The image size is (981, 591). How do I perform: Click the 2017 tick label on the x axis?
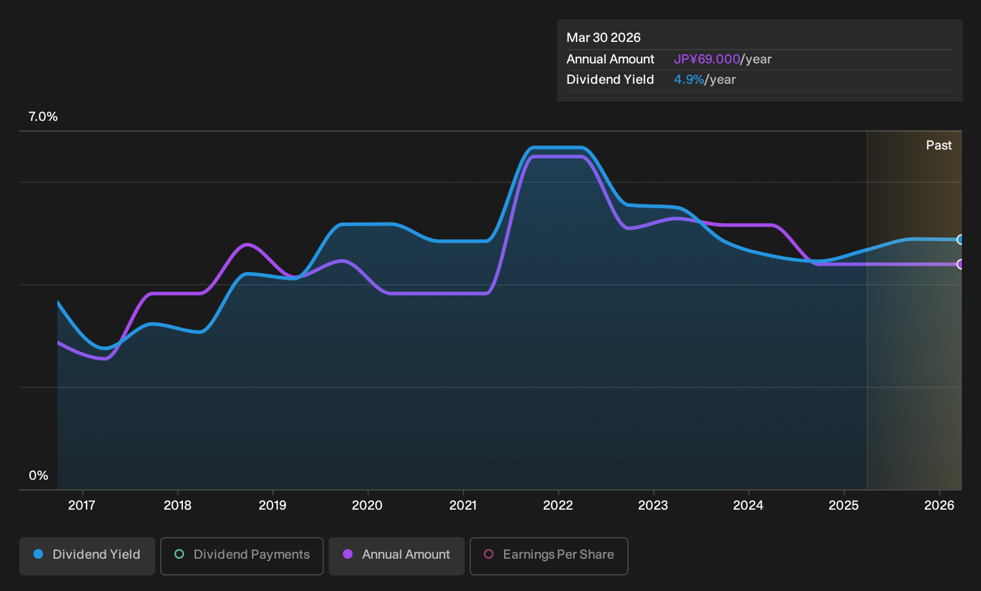82,505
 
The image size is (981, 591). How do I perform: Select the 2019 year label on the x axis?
272,505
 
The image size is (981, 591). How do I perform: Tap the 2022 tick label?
558,505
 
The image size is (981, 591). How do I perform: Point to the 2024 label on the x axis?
749,505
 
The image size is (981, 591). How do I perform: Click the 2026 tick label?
939,505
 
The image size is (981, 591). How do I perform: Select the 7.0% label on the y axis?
43,117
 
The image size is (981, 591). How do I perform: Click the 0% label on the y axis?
39,476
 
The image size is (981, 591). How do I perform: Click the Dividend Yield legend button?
87,556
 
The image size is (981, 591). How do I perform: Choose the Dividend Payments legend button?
242,556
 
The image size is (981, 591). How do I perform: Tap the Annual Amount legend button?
396,556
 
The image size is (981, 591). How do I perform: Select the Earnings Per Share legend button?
548,556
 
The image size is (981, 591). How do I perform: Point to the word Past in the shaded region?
939,145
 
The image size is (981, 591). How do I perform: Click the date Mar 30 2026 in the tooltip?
603,38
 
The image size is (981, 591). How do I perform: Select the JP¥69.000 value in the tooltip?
707,59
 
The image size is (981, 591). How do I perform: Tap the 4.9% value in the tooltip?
689,80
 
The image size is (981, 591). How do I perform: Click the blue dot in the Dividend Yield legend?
39,554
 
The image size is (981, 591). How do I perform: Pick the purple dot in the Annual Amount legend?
348,554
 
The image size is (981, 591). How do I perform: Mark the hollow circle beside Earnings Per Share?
489,554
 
